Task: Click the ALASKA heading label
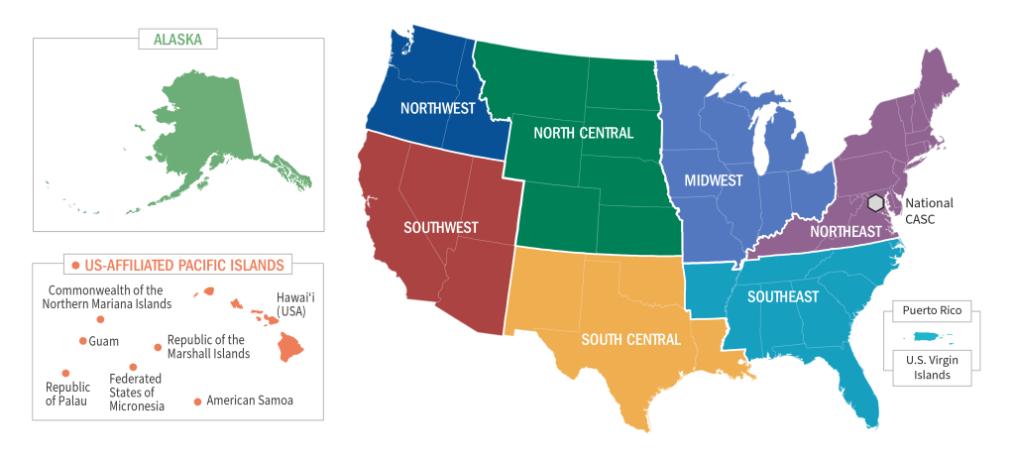coord(178,40)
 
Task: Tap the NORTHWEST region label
coord(437,108)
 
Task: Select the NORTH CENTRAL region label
coord(583,133)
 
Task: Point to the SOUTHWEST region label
coord(440,227)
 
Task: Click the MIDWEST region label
coord(714,181)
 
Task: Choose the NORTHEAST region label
coord(846,231)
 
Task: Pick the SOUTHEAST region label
coord(783,296)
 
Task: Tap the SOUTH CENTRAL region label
coord(630,340)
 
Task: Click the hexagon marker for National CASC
coord(875,202)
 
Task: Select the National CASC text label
coord(929,210)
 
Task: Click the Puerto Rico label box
coord(932,307)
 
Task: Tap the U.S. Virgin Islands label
coord(931,367)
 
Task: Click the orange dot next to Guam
coord(82,341)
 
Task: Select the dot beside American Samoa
coord(198,401)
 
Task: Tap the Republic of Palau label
coord(67,394)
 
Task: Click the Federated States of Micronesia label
coord(137,392)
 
